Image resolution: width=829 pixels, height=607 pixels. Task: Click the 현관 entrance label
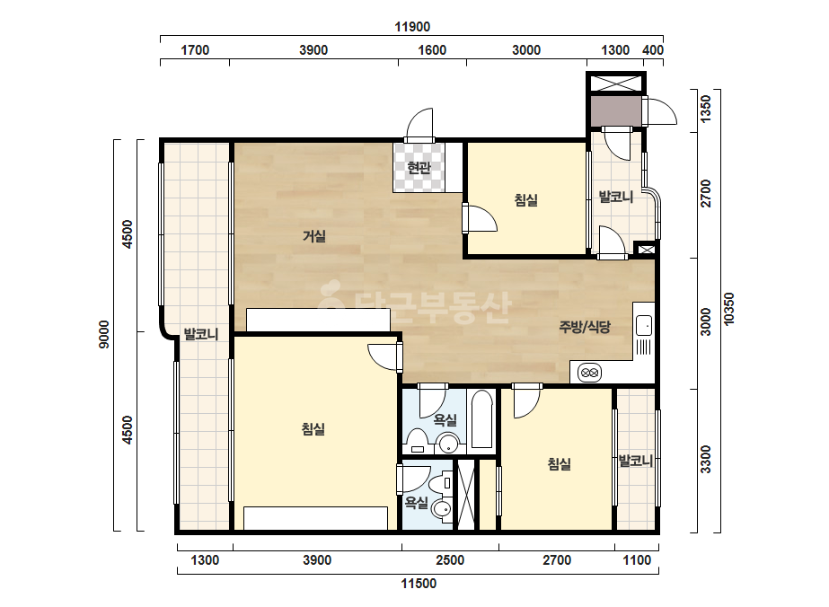pos(419,168)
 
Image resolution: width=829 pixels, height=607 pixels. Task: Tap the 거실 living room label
pos(314,236)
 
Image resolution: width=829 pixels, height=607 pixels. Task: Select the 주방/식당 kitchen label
pos(585,327)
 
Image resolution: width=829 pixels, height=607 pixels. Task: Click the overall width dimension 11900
pos(412,26)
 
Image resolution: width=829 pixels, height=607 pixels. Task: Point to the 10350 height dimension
pos(729,309)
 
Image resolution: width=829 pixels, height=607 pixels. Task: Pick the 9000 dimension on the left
pos(104,334)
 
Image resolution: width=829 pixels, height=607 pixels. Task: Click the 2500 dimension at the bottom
pos(450,560)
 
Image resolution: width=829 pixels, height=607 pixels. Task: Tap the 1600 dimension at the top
pos(432,50)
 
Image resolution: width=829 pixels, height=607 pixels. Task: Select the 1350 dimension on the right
pos(706,109)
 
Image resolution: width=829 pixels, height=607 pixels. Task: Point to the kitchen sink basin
pos(644,325)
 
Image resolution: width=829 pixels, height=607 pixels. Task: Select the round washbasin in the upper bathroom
pos(449,443)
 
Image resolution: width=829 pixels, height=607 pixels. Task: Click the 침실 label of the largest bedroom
pos(313,429)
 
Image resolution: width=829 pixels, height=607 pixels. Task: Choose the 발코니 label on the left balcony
pos(201,334)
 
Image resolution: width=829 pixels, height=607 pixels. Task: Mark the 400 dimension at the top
pos(653,50)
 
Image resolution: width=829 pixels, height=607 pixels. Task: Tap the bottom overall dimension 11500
pos(419,584)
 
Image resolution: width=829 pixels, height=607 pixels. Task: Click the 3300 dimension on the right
pos(706,459)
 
